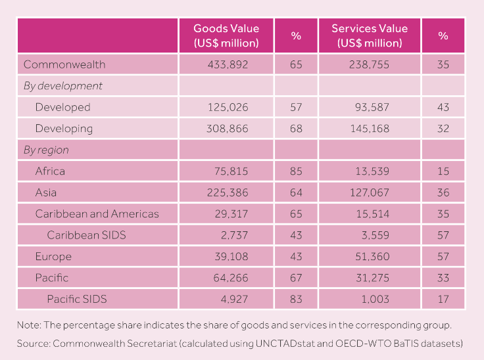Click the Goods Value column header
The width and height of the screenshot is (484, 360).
coord(226,35)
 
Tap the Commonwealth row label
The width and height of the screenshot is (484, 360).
coord(64,64)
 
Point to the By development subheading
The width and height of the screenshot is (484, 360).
coord(62,86)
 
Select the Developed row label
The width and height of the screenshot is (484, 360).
coord(62,107)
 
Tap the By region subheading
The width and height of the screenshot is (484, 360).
coord(46,150)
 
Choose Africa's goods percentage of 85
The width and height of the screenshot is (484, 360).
coord(296,171)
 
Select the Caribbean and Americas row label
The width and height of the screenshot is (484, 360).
coord(97,214)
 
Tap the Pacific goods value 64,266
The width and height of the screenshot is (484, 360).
coord(230,278)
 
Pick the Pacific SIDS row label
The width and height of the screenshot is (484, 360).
coord(76,299)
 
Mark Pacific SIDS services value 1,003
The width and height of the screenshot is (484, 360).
coord(376,299)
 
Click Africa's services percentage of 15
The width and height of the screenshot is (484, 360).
coord(443,171)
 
